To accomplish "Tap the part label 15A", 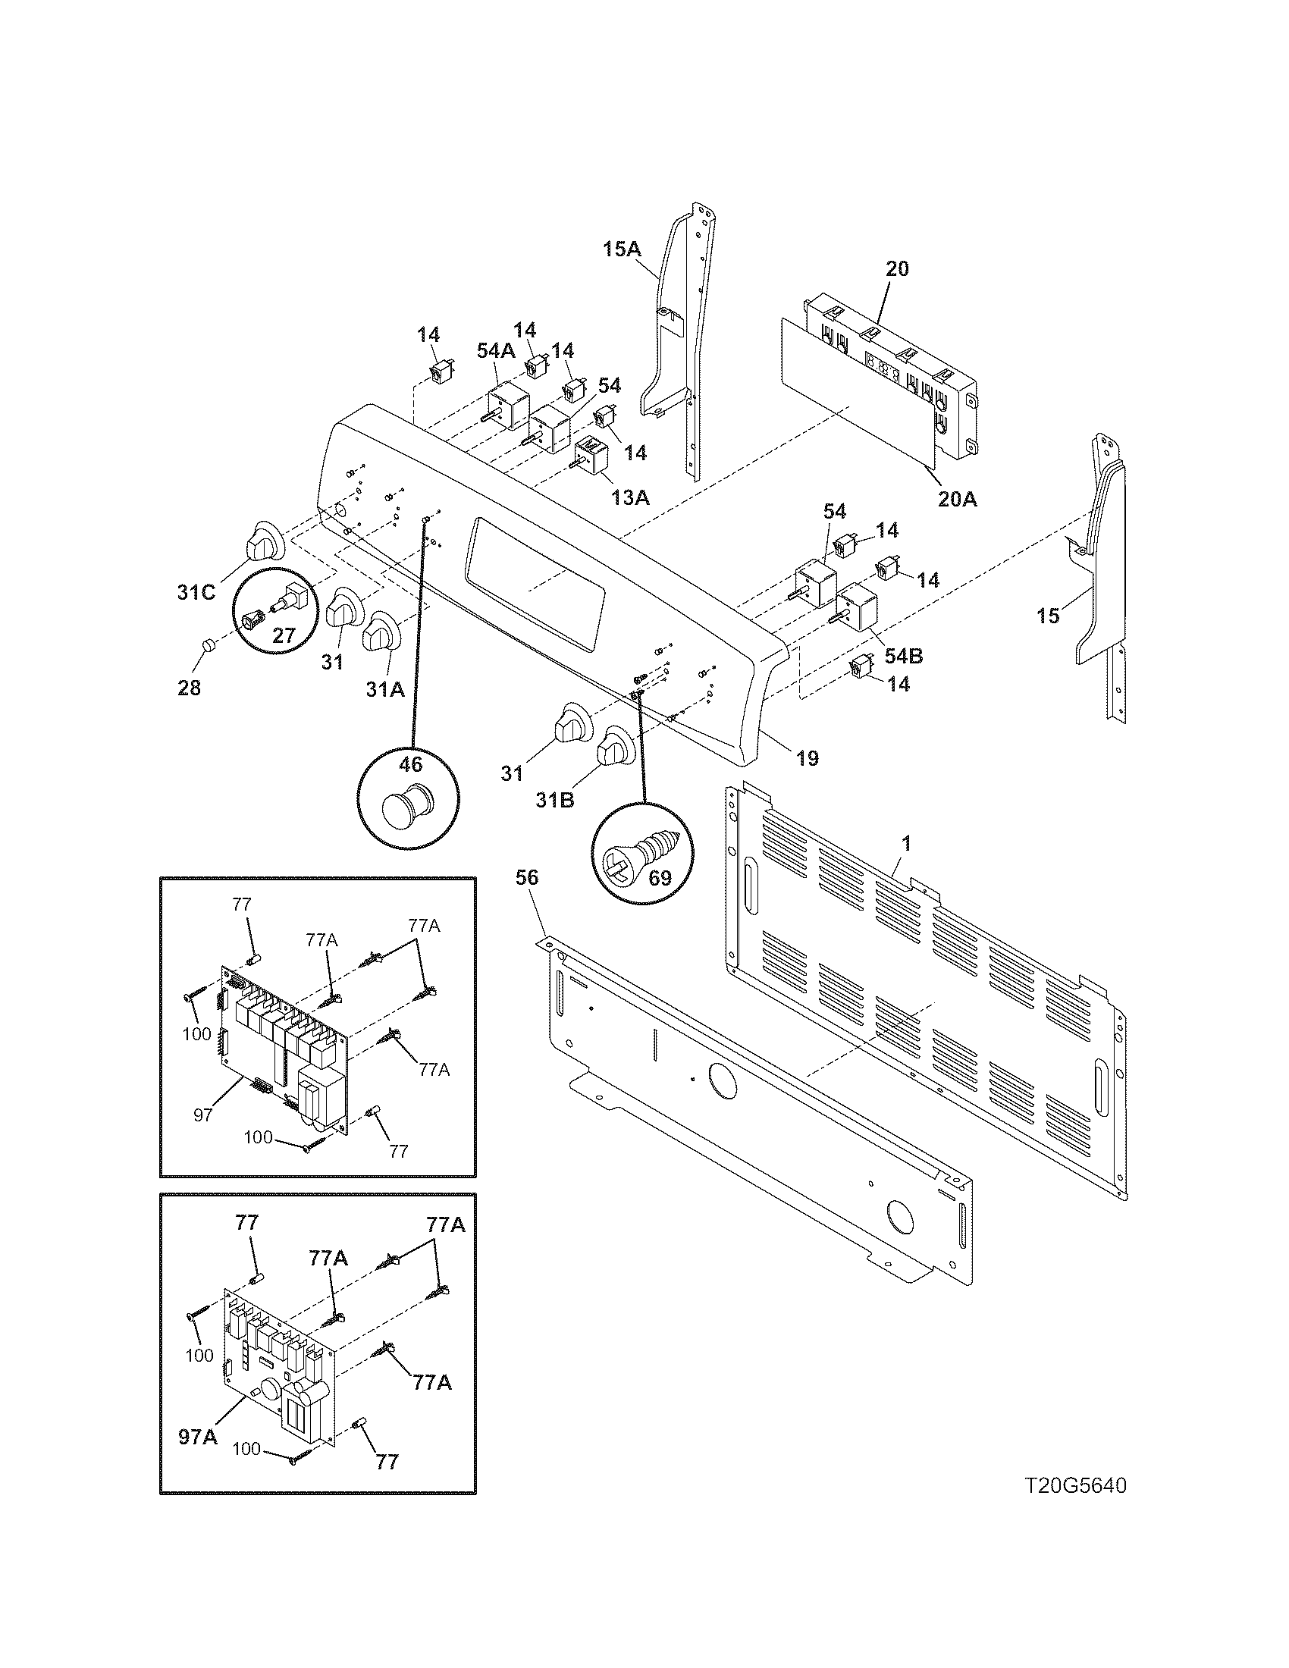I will pos(623,249).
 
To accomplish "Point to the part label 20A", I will pos(958,500).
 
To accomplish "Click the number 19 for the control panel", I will pos(808,758).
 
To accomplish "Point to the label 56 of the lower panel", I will pos(527,878).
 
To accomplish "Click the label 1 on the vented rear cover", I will pos(905,844).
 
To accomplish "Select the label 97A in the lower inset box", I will pos(198,1437).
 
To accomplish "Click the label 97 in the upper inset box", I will pos(202,1115).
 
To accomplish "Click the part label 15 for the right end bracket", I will pos(1049,615).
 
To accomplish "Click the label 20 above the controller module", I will pos(897,269).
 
